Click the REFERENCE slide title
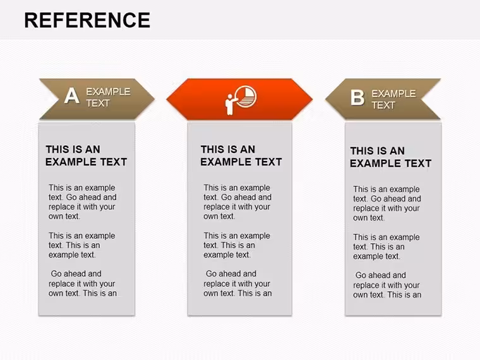[87, 20]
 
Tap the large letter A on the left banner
[72, 96]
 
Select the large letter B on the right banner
[357, 98]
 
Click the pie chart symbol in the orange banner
[246, 97]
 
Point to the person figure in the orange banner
[230, 104]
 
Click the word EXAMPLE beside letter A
[108, 92]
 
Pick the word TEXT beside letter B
[383, 105]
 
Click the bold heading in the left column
[86, 155]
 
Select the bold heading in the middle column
[241, 155]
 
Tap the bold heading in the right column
[390, 157]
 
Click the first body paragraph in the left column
[82, 202]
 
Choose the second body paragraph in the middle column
[237, 245]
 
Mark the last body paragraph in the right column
[387, 285]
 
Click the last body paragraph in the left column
[83, 284]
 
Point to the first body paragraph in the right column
[387, 203]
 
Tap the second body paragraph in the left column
[81, 245]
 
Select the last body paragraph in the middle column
[237, 284]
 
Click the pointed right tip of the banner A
[154, 99]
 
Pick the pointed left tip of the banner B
[326, 99]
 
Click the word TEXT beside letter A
[98, 104]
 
